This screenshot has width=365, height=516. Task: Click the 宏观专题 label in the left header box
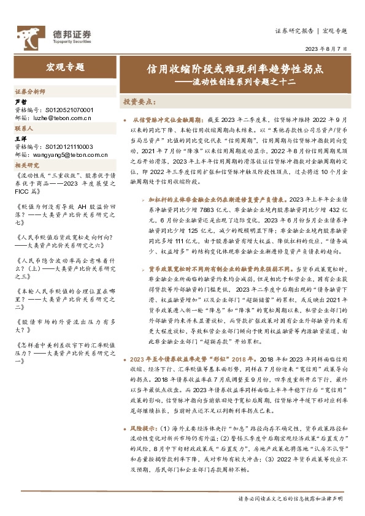click(x=65, y=67)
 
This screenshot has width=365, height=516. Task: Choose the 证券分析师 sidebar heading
click(x=29, y=91)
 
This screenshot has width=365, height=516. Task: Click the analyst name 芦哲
click(x=21, y=102)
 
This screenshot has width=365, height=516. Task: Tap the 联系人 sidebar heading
click(x=25, y=129)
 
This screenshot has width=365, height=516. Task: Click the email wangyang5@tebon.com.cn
click(x=68, y=154)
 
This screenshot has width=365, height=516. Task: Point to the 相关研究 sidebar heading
click(x=27, y=165)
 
